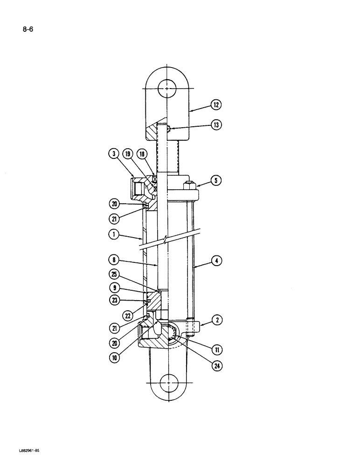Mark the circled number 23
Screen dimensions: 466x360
pyautogui.click(x=112, y=301)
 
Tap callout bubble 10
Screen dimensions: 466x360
pyautogui.click(x=114, y=358)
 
